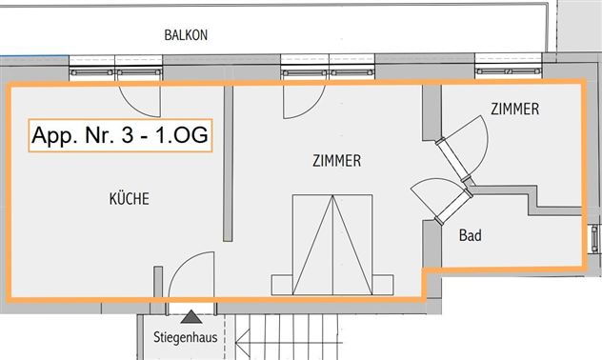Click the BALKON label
[186, 35]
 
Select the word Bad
[469, 234]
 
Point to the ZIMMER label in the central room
[336, 161]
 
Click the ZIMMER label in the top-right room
[514, 110]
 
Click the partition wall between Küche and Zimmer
[227, 167]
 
